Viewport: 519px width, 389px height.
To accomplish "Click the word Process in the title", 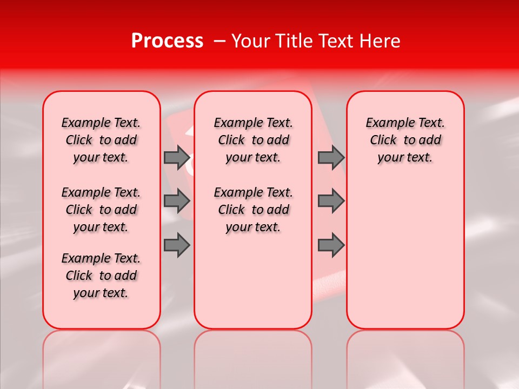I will point(167,41).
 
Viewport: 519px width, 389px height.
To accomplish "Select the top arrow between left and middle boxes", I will point(176,158).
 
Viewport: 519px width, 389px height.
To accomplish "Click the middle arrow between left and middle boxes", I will point(176,201).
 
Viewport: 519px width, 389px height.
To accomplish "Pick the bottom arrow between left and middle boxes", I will point(176,245).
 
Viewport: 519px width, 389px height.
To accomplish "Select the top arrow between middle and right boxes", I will point(330,158).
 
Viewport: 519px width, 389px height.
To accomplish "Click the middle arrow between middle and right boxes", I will point(330,201).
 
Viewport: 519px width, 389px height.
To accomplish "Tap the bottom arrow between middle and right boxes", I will point(330,245).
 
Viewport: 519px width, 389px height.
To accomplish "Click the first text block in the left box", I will point(101,140).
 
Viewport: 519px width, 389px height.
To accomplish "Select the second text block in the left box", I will point(101,210).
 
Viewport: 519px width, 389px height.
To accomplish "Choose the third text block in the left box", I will point(101,276).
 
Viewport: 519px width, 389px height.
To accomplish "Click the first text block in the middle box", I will point(253,140).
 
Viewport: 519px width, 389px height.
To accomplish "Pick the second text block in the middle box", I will point(253,210).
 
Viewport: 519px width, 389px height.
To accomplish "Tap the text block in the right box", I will point(405,140).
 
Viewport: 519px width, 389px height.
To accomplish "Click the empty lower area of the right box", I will point(405,254).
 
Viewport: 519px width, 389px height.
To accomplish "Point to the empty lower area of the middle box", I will point(253,281).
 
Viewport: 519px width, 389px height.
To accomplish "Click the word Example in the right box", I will point(385,123).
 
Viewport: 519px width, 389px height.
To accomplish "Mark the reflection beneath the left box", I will point(101,357).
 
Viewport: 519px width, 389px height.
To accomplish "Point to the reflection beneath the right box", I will point(405,357).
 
